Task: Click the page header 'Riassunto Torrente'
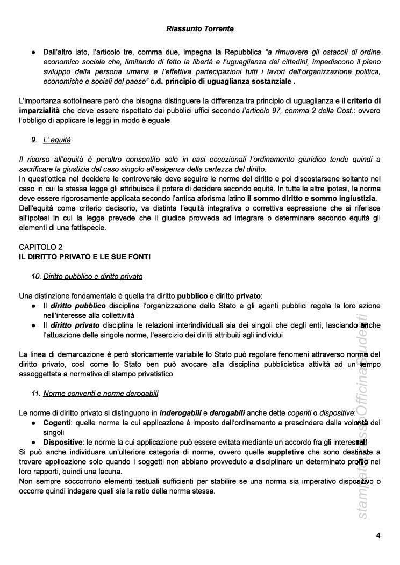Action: coord(200,27)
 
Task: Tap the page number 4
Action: coord(378,535)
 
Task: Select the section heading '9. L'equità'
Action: coord(51,140)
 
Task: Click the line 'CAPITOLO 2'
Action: coord(40,247)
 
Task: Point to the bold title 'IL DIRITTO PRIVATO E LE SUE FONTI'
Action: coord(84,257)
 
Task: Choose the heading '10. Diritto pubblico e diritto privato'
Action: coord(87,277)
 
